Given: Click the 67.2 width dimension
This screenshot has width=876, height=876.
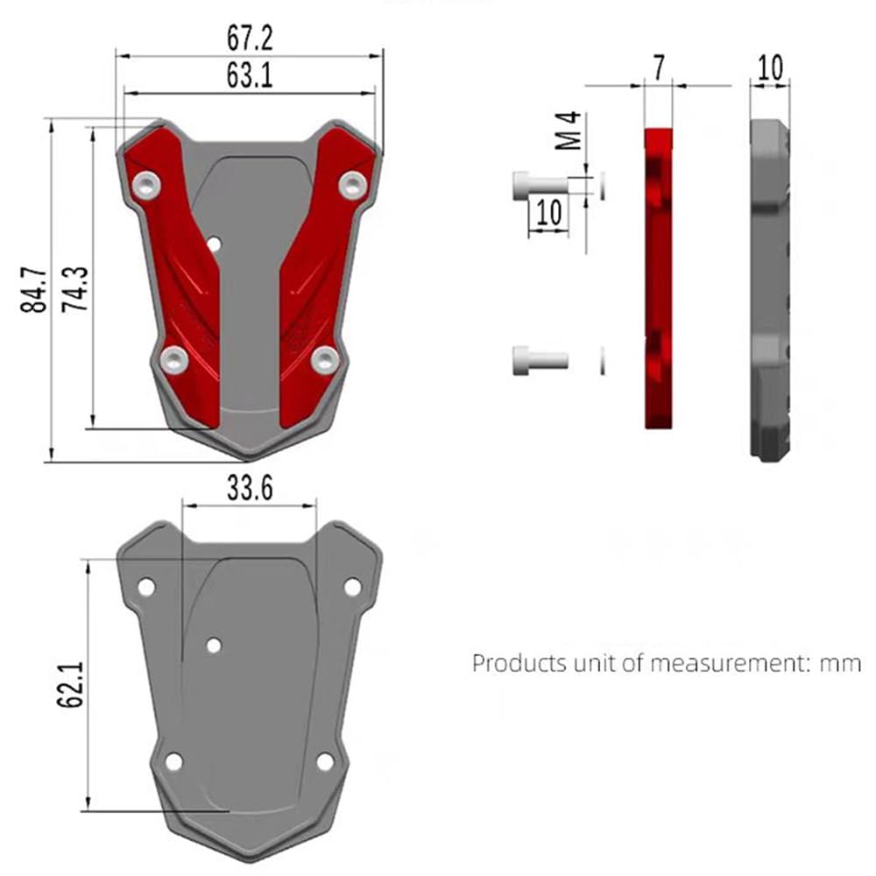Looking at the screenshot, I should tap(250, 39).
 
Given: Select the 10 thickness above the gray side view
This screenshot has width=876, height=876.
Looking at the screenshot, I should tap(770, 68).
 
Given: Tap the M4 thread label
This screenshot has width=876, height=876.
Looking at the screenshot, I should tap(570, 130).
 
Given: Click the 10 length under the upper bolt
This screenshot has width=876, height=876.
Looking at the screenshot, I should tap(548, 213).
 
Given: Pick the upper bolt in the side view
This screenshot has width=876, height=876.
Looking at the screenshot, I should tap(536, 184).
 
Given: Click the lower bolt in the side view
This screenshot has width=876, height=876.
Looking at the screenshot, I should tap(538, 359).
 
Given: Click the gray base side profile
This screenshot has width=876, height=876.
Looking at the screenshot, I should tap(771, 289).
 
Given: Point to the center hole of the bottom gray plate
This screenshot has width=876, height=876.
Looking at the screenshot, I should tap(214, 646).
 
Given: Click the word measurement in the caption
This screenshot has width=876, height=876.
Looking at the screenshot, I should tap(719, 663).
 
